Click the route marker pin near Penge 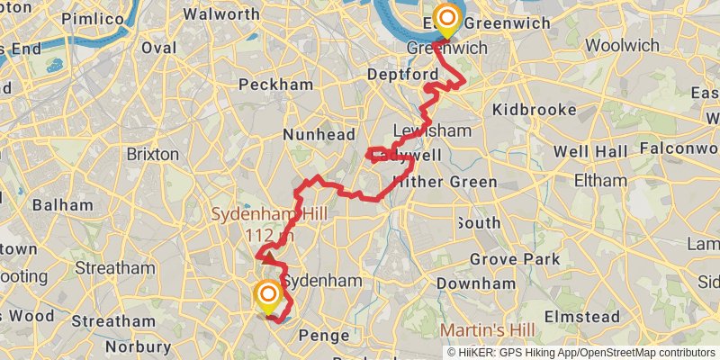coord(268,296)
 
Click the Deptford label coord(397,73)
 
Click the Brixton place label coord(152,154)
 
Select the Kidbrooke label coord(535,110)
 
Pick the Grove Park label coord(528,259)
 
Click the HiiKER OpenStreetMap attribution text coord(580,352)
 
